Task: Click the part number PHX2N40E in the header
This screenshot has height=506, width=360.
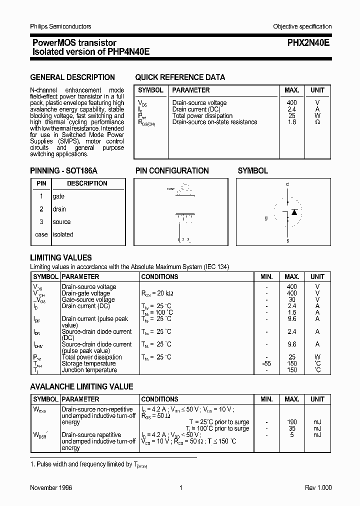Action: [x=308, y=43]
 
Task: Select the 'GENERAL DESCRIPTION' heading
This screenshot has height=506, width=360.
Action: [x=72, y=77]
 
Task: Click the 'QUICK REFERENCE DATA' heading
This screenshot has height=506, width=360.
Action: [x=180, y=77]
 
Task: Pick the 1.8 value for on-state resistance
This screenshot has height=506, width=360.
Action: [x=291, y=122]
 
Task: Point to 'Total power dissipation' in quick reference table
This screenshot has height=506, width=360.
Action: [x=202, y=115]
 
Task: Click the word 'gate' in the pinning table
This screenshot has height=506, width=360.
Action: [x=58, y=196]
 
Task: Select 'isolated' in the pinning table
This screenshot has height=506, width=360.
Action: [x=63, y=234]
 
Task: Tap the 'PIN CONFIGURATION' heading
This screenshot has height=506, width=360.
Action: [x=172, y=170]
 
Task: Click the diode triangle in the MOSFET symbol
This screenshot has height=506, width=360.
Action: [x=294, y=212]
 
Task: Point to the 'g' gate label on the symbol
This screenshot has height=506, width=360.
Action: [x=266, y=218]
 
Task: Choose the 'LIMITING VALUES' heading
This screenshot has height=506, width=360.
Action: [x=61, y=258]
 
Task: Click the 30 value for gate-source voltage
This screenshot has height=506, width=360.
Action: [x=291, y=299]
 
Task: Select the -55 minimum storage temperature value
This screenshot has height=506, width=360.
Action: [x=266, y=363]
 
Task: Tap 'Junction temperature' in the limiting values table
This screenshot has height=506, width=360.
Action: [x=90, y=370]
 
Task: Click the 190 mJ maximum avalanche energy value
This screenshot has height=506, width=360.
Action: [x=291, y=422]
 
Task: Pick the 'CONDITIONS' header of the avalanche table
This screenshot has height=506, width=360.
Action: [x=159, y=399]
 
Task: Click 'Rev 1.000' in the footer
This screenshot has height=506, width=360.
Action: [x=318, y=488]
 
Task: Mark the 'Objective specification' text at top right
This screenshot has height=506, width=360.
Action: [x=302, y=26]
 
